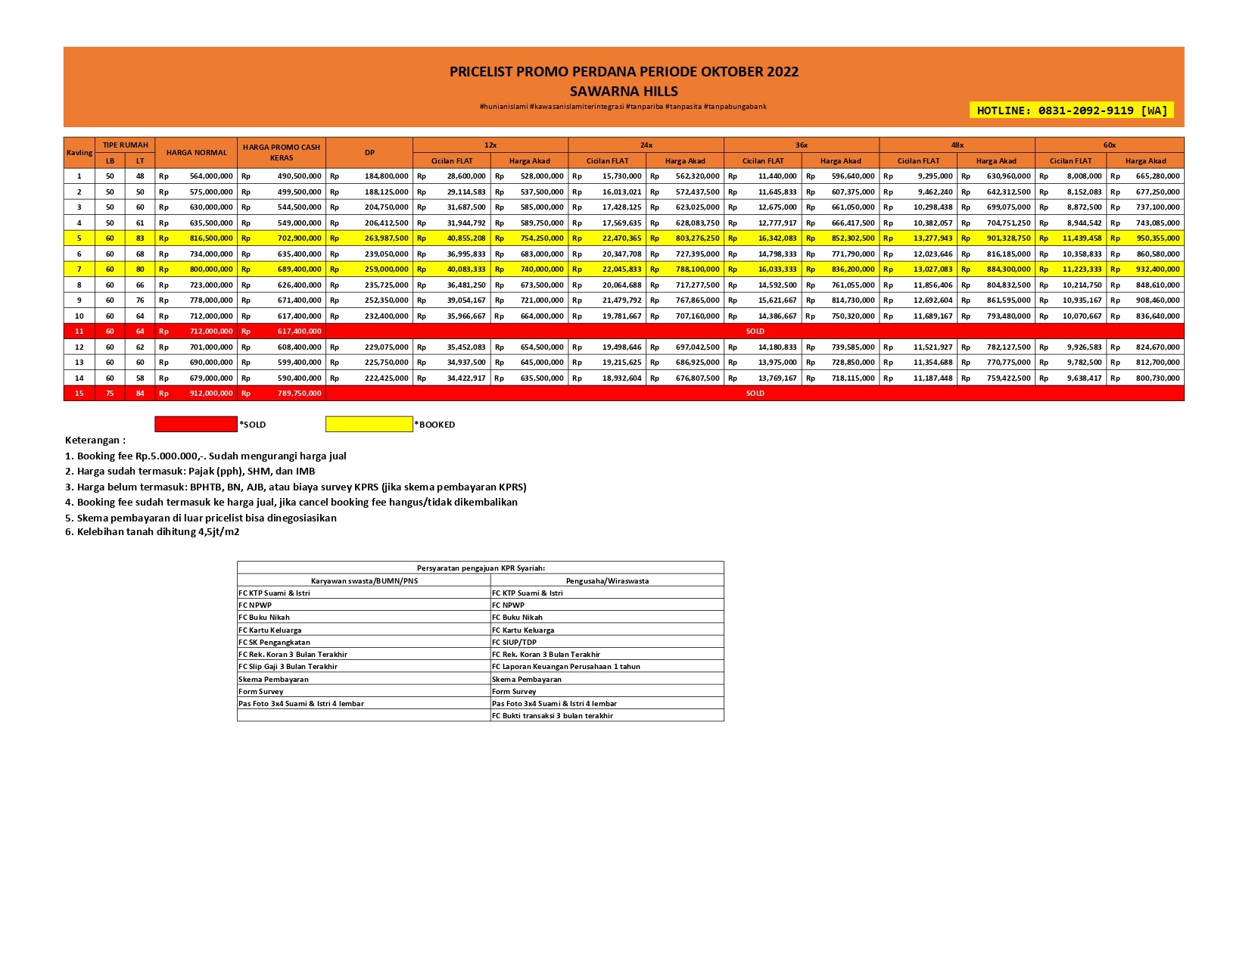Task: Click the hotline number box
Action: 1071,111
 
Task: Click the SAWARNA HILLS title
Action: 624,92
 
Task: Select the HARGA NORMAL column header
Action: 197,153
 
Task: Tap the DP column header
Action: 369,153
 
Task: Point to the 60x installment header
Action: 1109,145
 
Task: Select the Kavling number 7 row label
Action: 79,269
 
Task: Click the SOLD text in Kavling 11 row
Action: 755,332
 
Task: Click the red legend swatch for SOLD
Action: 195,425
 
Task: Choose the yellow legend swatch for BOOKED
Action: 369,425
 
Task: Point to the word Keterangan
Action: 95,440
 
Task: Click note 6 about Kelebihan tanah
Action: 152,532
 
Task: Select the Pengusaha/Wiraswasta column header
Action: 607,581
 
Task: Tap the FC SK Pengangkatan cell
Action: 274,642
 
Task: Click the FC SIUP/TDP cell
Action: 514,642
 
